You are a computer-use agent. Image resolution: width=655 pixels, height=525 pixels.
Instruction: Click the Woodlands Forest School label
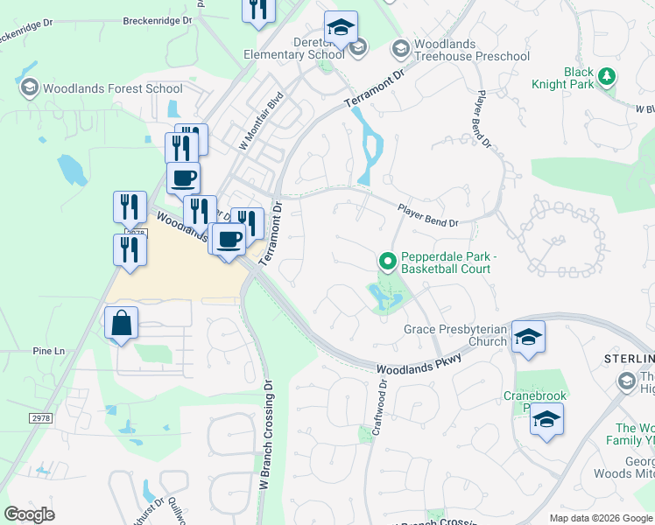click(x=111, y=88)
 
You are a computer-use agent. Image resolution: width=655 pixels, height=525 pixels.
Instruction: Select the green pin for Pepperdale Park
click(x=387, y=261)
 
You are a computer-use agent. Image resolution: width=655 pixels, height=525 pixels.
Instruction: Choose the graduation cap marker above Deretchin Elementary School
click(x=341, y=28)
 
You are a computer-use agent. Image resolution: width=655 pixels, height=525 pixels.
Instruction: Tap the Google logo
click(x=30, y=514)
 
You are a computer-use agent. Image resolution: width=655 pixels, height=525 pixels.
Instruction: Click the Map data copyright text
click(x=601, y=518)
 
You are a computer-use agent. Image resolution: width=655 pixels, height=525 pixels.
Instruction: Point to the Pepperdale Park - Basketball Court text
click(x=445, y=263)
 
